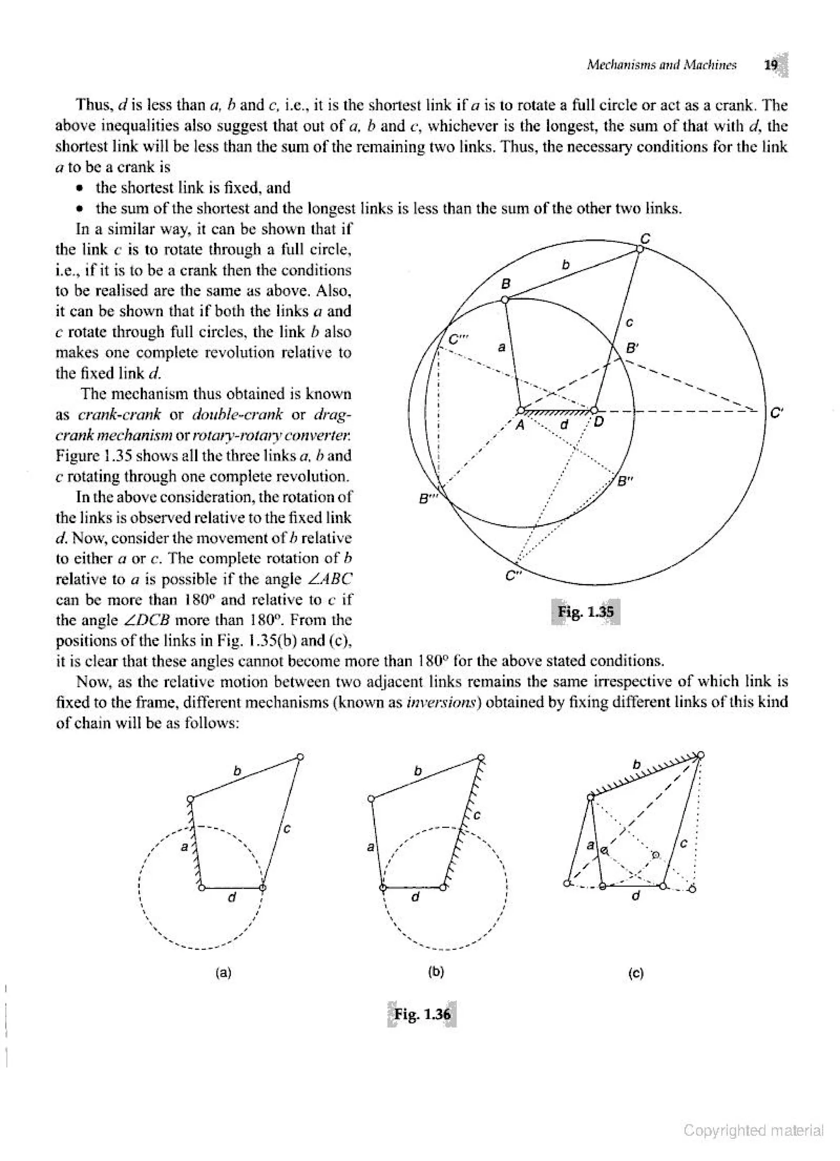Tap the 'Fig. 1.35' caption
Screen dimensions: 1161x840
[x=585, y=612]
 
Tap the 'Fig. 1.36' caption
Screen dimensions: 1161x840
[x=422, y=1014]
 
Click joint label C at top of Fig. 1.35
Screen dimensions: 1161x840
[x=646, y=238]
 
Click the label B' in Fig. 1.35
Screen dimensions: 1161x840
[x=632, y=348]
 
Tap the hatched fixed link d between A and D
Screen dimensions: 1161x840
[x=558, y=412]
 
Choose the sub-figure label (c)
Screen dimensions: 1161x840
[x=635, y=973]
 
